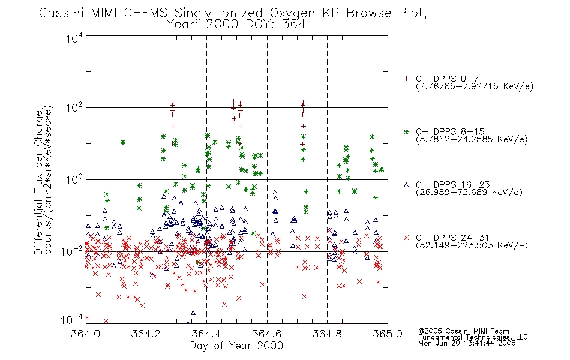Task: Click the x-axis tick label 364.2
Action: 146,334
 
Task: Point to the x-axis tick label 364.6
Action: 267,334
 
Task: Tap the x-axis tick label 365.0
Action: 388,334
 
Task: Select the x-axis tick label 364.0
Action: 85,334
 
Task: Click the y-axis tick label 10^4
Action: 74,38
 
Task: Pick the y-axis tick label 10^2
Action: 74,108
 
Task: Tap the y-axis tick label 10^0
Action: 74,179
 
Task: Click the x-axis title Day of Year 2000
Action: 236,346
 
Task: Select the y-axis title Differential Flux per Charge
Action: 38,182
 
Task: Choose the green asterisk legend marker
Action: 406,132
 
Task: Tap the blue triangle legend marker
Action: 406,185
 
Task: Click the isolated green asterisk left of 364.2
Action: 123,142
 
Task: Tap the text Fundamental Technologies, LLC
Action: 473,337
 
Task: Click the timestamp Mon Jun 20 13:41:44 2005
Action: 467,343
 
